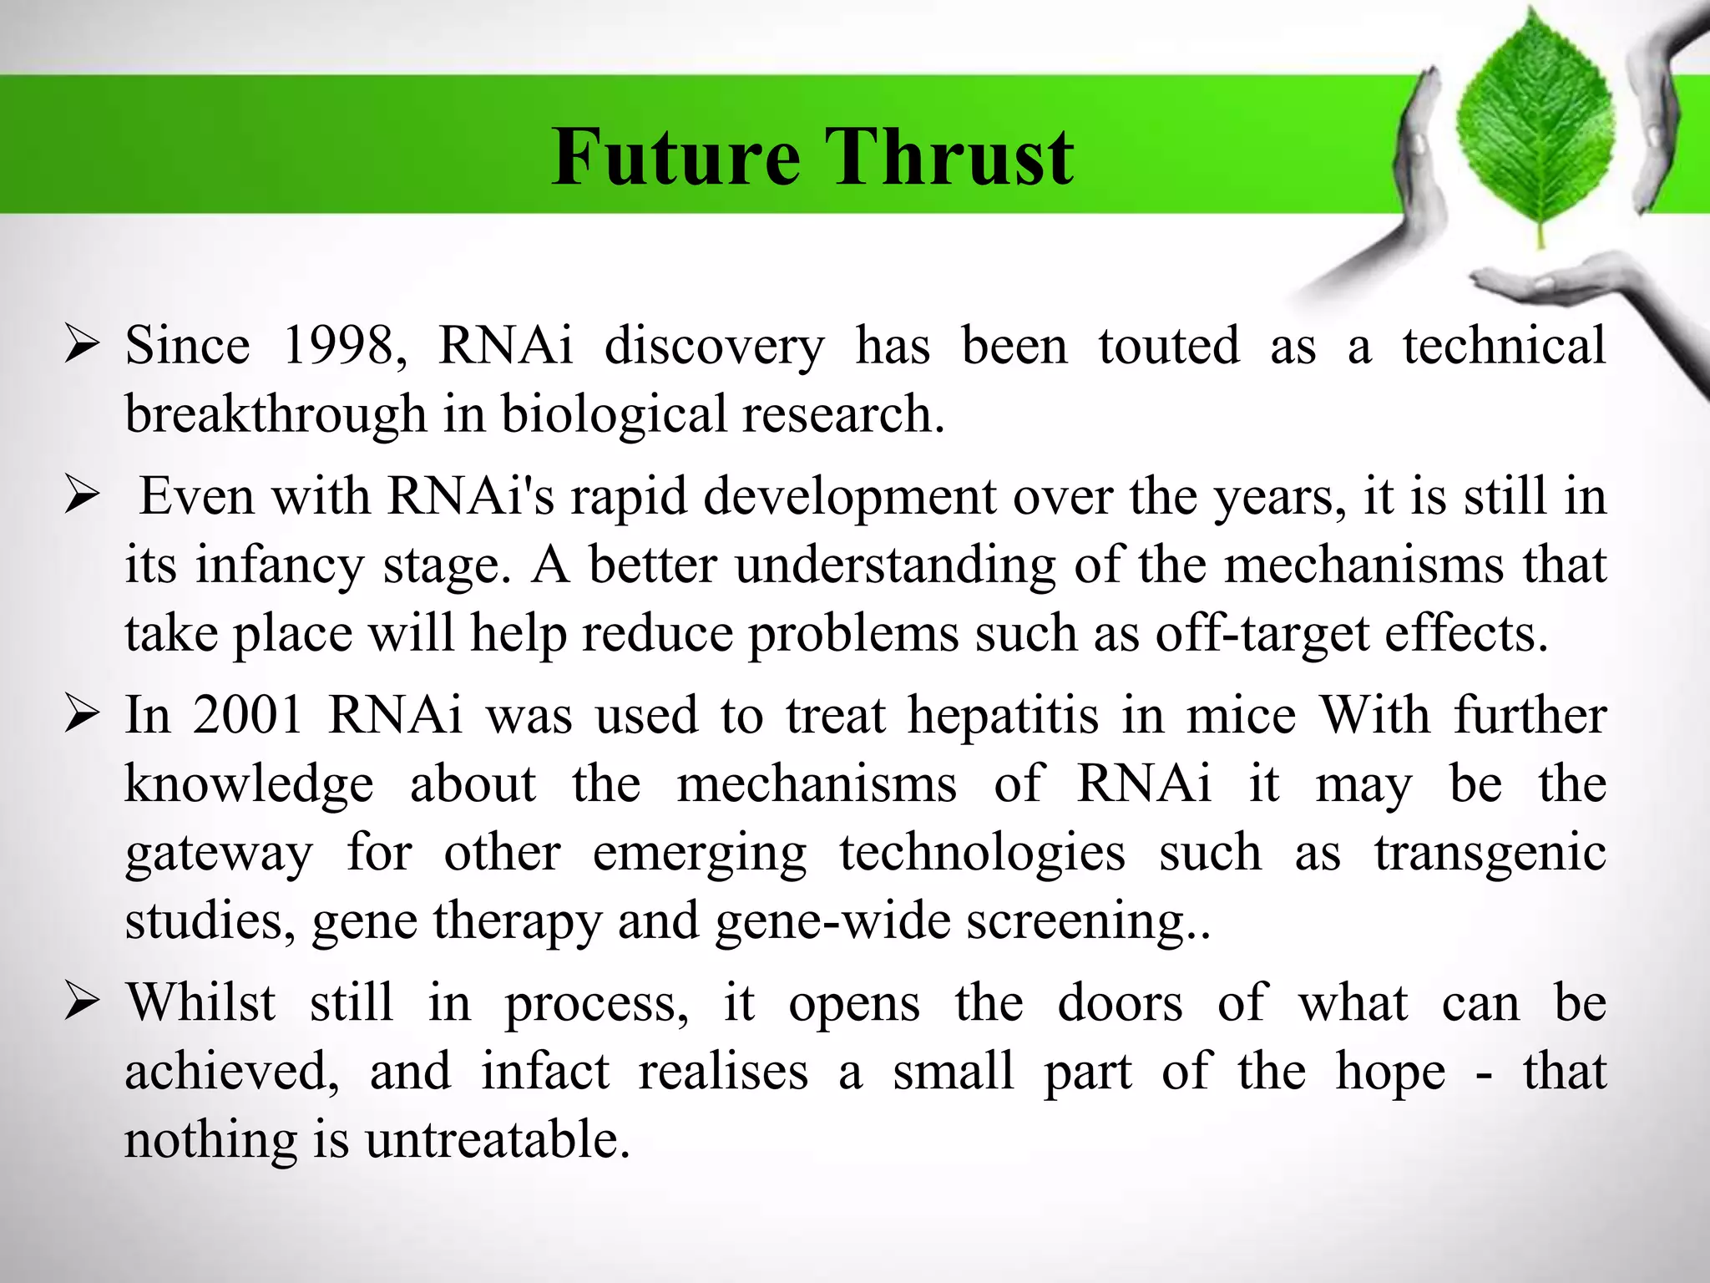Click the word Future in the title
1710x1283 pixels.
point(676,157)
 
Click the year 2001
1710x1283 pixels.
point(248,716)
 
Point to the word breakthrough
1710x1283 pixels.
point(276,413)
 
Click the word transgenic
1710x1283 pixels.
point(1490,853)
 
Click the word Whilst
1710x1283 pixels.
point(200,1002)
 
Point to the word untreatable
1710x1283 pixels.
point(497,1139)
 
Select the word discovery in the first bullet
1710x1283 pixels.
point(714,347)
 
